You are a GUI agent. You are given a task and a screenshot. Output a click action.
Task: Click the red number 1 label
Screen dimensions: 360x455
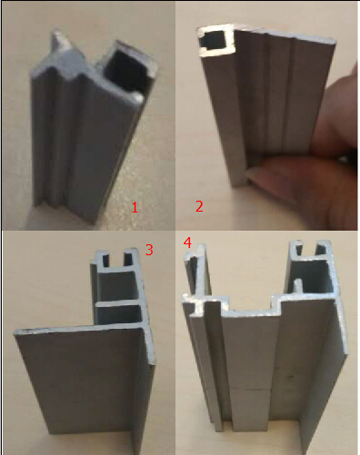pyautogui.click(x=135, y=207)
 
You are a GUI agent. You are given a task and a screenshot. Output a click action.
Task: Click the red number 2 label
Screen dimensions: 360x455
pyautogui.click(x=199, y=206)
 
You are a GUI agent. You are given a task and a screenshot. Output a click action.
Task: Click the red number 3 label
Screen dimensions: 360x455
pyautogui.click(x=149, y=250)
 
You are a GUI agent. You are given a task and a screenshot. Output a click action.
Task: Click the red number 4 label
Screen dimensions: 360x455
pyautogui.click(x=188, y=242)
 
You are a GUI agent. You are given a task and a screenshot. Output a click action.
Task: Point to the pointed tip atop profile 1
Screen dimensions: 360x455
pyautogui.click(x=57, y=31)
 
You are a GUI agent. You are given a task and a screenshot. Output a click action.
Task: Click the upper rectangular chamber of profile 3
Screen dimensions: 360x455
pyautogui.click(x=117, y=285)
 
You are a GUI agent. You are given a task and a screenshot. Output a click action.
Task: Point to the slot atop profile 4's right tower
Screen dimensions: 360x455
pyautogui.click(x=310, y=248)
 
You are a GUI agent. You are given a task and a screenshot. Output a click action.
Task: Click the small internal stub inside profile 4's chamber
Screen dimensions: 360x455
pyautogui.click(x=298, y=286)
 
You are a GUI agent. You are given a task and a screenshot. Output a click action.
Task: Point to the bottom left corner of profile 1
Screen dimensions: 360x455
pyautogui.click(x=33, y=206)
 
